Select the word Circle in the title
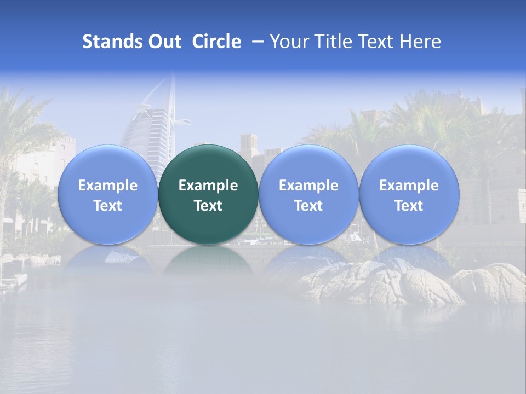click(x=216, y=42)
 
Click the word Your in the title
click(x=288, y=42)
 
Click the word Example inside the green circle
click(x=208, y=186)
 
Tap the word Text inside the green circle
click(x=208, y=206)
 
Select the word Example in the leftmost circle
click(x=107, y=186)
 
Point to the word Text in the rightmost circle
click(x=409, y=206)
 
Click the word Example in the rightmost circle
click(x=409, y=186)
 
